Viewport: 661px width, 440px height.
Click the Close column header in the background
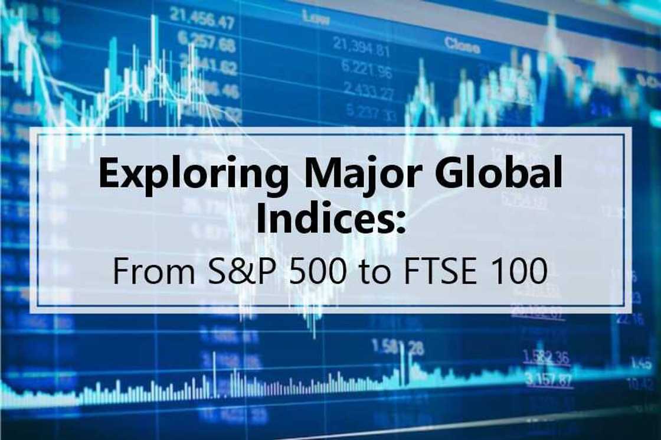point(462,43)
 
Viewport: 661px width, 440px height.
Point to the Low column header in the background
point(316,18)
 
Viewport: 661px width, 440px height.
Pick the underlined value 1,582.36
point(546,357)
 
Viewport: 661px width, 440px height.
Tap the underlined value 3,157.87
point(548,379)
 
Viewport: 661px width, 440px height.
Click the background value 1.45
point(640,363)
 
